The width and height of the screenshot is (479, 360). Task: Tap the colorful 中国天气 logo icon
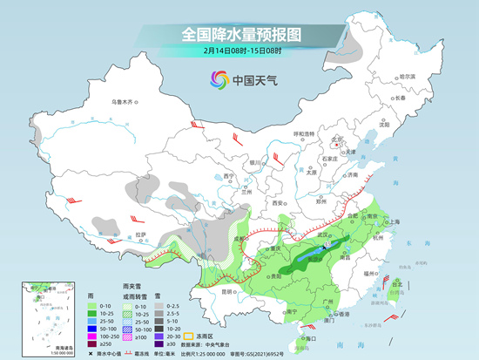tap(217, 81)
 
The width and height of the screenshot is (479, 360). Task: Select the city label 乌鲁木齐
tap(124, 103)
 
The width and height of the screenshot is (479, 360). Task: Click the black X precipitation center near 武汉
tap(326, 248)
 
